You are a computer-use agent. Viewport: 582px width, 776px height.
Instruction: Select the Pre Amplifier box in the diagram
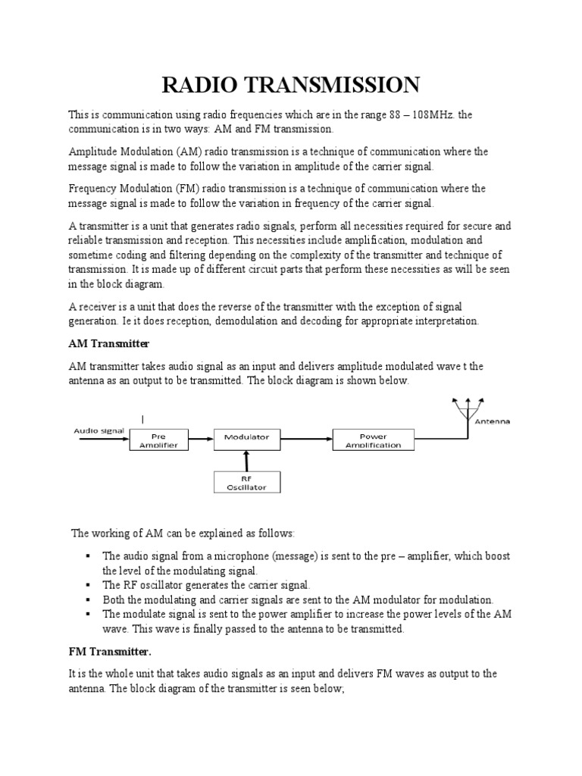(x=158, y=440)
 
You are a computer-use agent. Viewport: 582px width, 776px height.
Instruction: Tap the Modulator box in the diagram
(x=246, y=436)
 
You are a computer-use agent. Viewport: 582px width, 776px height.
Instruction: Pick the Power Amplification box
(x=373, y=440)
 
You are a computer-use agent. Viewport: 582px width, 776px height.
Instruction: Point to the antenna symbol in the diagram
(x=467, y=409)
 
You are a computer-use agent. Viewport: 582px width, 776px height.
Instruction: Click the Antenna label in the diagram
(x=493, y=421)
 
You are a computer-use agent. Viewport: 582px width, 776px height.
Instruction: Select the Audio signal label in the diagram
(x=98, y=430)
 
